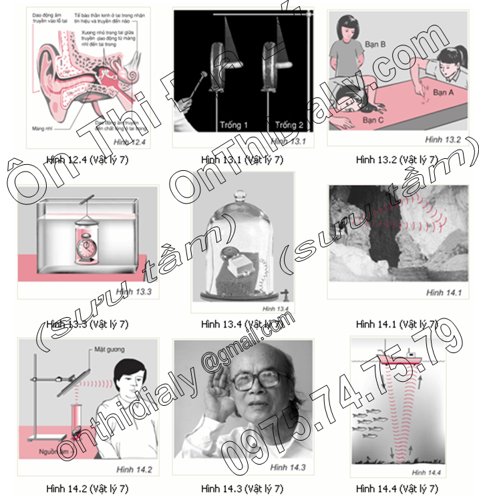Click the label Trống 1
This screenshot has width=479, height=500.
(233, 125)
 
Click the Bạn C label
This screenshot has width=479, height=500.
(374, 120)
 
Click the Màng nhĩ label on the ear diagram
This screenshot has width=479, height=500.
(41, 126)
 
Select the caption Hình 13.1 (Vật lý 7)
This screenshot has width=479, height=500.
(242, 159)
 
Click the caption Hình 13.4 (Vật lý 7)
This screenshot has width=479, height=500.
(242, 324)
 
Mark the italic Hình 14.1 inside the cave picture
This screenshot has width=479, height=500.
(443, 292)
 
